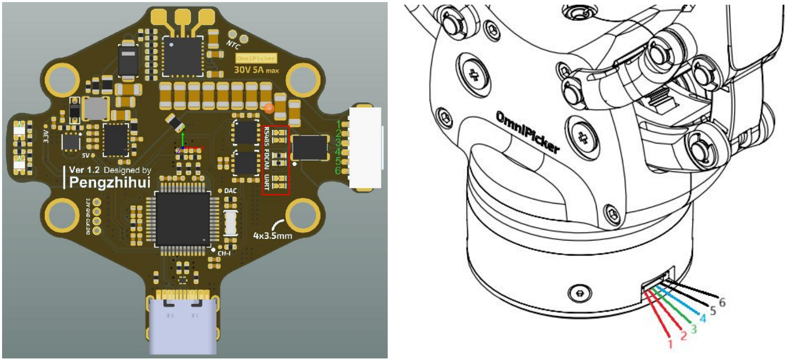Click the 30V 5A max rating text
coord(256,70)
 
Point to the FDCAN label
coord(267,158)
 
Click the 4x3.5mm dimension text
coord(271,235)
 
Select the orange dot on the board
coord(269,108)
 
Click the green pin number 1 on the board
coord(338,124)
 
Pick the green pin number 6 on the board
coord(338,170)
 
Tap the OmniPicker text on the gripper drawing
coord(528,132)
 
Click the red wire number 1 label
coord(670,343)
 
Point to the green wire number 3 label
coord(692,328)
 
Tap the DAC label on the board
coord(231,191)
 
